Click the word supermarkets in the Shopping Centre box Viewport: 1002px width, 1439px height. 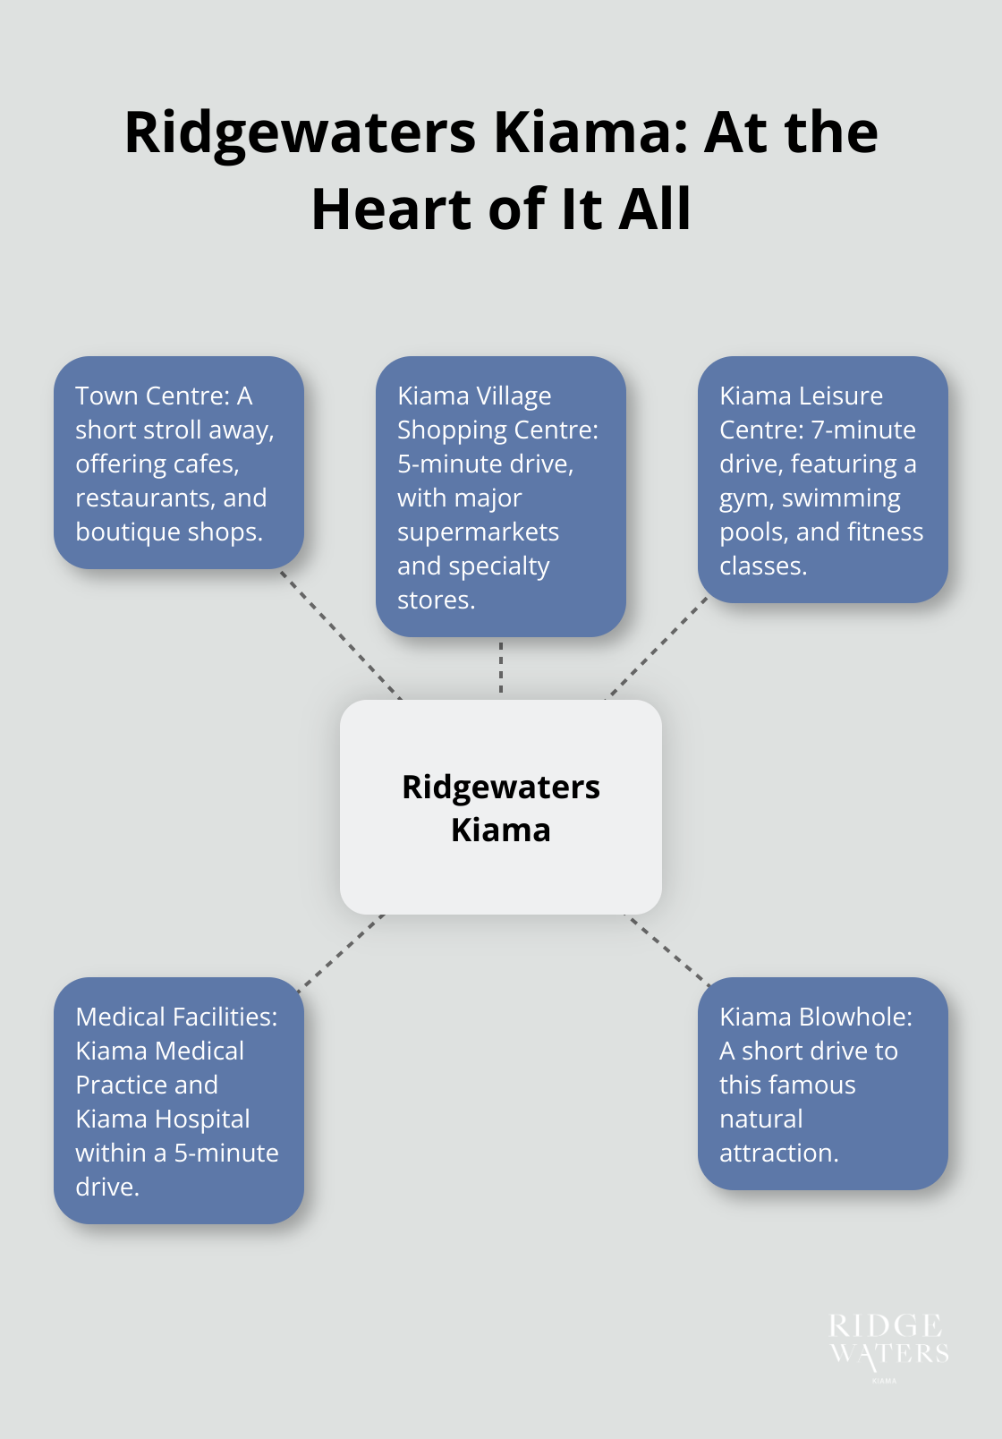478,532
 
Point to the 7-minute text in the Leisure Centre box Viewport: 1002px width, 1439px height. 863,430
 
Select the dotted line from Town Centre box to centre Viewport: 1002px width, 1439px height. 340,634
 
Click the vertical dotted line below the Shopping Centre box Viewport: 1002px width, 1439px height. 501,668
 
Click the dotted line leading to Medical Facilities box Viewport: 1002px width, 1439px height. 341,951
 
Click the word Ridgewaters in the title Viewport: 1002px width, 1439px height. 300,132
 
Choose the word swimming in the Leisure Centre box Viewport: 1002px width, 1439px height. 841,498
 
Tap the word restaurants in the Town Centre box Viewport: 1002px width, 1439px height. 144,498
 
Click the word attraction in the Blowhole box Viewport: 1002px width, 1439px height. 778,1154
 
